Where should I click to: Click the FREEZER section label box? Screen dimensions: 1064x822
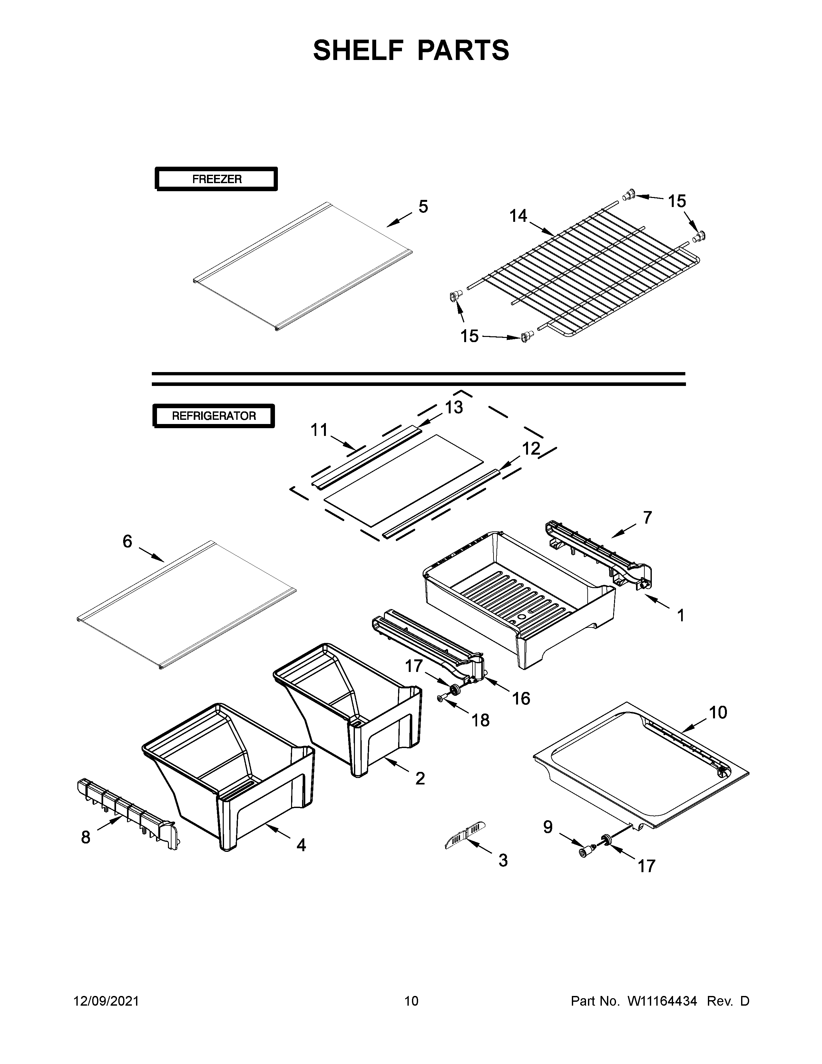216,179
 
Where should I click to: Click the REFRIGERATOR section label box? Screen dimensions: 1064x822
214,416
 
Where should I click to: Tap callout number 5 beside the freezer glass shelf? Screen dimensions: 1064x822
423,207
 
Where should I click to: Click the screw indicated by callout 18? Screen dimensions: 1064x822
441,699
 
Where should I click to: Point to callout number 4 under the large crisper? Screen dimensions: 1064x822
301,845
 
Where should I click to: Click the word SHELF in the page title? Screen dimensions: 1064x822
357,50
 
